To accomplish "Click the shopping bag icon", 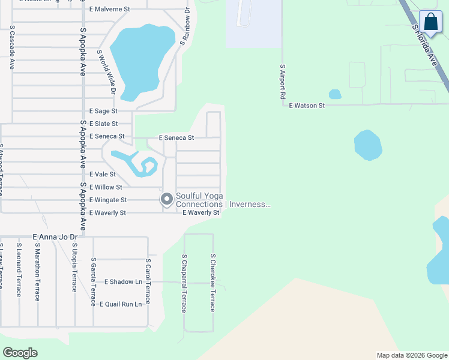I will point(430,22).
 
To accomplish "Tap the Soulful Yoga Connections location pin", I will point(166,199).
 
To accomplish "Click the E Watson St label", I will point(307,106).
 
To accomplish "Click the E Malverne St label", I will point(109,10).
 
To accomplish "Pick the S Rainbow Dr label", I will point(185,28).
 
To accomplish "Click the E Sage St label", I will point(103,111).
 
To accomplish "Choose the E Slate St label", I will point(103,124).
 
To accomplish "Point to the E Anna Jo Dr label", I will point(55,238).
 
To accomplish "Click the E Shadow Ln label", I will point(124,281).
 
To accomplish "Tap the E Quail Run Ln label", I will point(121,304).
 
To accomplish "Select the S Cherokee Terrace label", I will point(212,283).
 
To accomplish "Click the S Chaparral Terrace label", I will point(184,283).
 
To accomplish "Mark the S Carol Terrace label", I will point(148,281).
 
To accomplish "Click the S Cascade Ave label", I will point(11,48).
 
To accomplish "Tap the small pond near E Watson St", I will point(335,94).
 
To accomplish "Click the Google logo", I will point(20,353).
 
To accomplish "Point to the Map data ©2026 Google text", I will point(412,355).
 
